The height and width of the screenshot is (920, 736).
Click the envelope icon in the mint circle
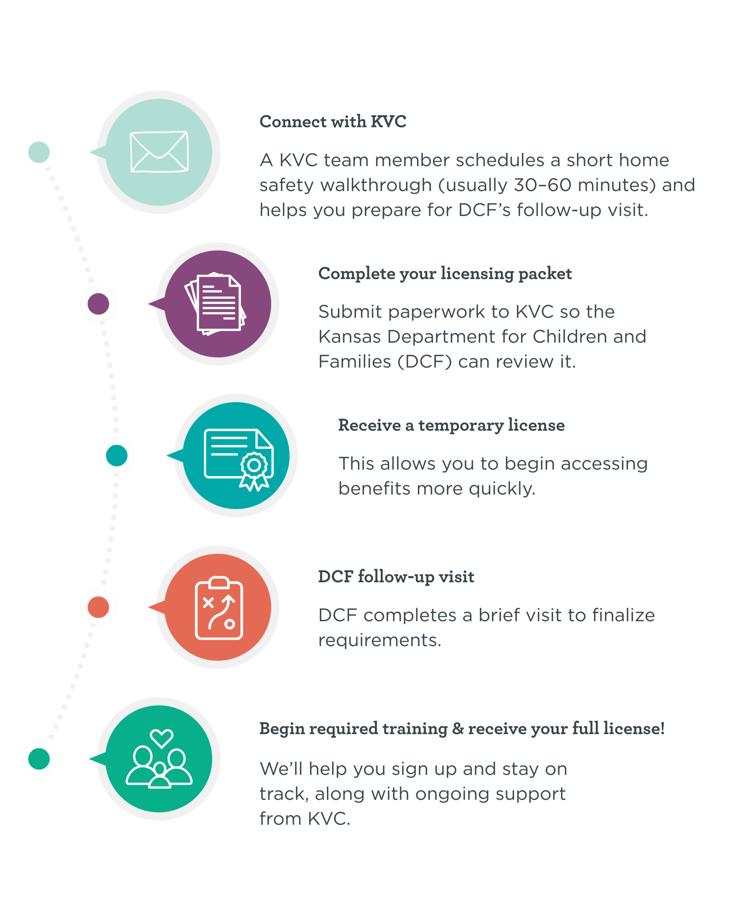tap(159, 152)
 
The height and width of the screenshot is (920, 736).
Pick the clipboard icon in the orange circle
tap(219, 608)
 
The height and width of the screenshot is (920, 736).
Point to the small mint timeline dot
tap(39, 152)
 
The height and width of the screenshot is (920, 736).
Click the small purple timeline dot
tap(98, 304)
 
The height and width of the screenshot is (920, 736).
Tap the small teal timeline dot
tap(116, 455)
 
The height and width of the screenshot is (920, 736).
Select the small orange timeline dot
tap(98, 607)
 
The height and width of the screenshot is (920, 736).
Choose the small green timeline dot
tap(39, 759)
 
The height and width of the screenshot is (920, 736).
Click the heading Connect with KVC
tap(333, 121)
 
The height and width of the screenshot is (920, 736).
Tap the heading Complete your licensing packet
tap(445, 273)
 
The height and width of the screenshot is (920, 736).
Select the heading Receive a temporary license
tap(451, 425)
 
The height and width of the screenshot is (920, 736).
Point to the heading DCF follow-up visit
tap(396, 576)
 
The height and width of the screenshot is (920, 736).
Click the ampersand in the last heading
tap(458, 728)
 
